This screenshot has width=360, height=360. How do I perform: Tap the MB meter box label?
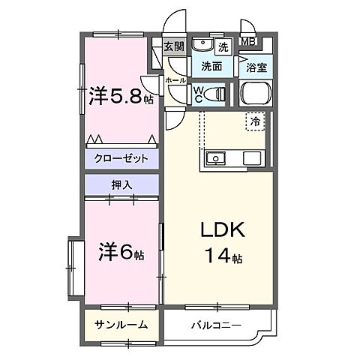[247, 43]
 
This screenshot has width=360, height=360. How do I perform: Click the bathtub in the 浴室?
[256, 94]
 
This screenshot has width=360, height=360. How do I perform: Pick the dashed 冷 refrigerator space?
[256, 120]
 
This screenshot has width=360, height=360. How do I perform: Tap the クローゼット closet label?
[121, 159]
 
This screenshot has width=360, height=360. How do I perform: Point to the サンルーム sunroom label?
[121, 325]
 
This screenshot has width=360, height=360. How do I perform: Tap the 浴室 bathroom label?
[256, 67]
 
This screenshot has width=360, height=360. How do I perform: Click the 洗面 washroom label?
[211, 67]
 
